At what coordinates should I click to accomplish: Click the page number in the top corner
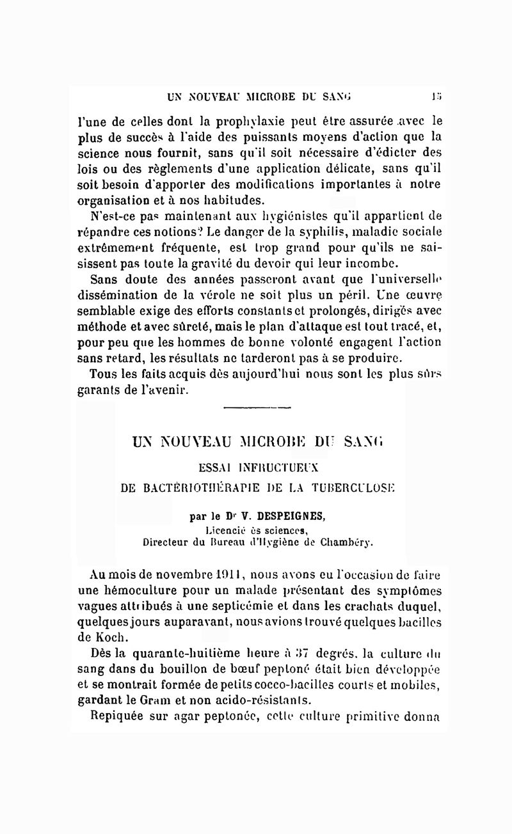click(436, 97)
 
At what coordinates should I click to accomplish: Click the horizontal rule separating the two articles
click(258, 407)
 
